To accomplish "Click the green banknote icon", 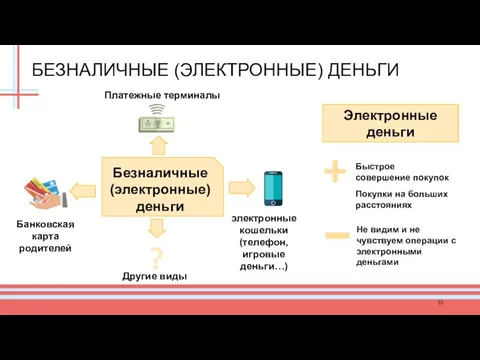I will click(x=156, y=125).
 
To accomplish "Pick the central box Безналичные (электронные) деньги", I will click(x=160, y=189).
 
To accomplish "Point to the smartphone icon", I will click(x=274, y=187).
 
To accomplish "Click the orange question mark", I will click(x=156, y=254).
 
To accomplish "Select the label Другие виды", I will click(x=155, y=275).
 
